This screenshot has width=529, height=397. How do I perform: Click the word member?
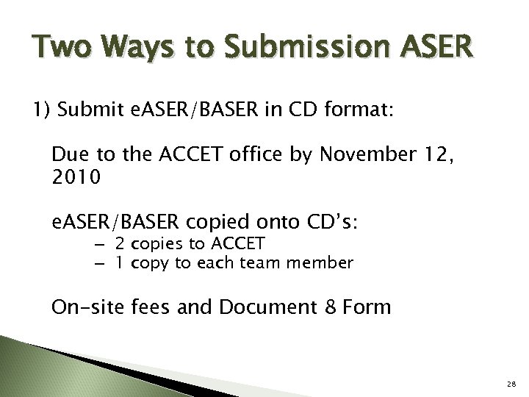click(x=326, y=262)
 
